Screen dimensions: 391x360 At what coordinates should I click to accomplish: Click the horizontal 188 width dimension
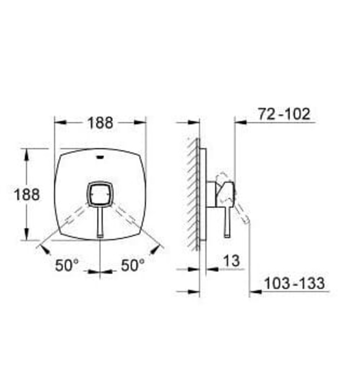tap(100, 122)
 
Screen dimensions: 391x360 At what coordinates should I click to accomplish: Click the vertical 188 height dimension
tap(27, 194)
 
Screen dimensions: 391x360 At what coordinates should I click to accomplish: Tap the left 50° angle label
tap(67, 265)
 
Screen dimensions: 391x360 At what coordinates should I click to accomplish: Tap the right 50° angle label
tap(133, 265)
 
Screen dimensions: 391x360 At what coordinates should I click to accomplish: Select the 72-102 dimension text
tap(284, 115)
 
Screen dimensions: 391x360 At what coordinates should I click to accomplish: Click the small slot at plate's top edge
tap(100, 156)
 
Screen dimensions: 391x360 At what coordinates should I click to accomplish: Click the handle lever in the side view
tap(228, 221)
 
